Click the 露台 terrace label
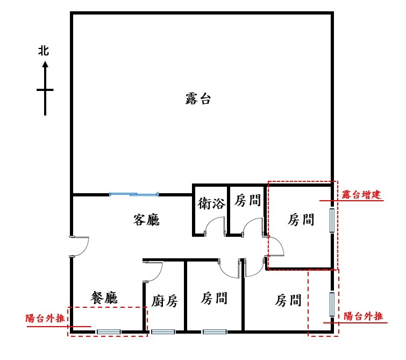point(198,98)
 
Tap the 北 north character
point(44,51)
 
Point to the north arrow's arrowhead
point(45,64)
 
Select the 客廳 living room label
point(146,220)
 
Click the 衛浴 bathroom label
point(211,203)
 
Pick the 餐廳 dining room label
point(104,298)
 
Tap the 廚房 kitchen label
point(165,301)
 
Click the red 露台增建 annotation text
point(361,194)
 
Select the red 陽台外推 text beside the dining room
point(45,318)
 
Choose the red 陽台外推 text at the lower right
point(364,316)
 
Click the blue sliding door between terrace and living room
point(133,194)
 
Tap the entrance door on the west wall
point(79,246)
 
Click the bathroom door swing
point(215,227)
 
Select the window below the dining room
point(109,332)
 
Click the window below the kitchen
point(163,332)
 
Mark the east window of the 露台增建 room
point(332,220)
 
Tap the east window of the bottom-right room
point(332,305)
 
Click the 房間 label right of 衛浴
point(247,200)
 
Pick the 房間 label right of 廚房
point(214,298)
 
